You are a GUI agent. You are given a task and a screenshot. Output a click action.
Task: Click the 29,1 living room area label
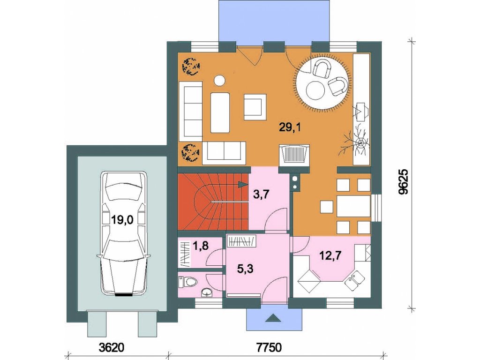(290, 127)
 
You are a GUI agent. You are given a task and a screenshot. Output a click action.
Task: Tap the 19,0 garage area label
(122, 219)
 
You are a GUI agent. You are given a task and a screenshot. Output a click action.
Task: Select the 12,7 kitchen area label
(330, 255)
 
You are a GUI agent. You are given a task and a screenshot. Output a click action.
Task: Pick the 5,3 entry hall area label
(245, 270)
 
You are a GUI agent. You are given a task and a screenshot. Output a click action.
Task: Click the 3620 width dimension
(112, 347)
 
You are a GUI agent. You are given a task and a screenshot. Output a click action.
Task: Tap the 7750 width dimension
(269, 347)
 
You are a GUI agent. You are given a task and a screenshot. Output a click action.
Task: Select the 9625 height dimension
(404, 181)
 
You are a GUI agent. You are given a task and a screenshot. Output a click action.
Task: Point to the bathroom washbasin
(207, 293)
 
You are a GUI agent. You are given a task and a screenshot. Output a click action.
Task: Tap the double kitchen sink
(354, 280)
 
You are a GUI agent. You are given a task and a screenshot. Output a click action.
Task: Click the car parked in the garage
(123, 233)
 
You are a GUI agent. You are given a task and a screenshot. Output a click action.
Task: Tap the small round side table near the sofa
(219, 80)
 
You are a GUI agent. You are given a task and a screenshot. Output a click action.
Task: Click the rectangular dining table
(353, 206)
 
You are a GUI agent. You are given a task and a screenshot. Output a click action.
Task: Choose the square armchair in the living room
(255, 107)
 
